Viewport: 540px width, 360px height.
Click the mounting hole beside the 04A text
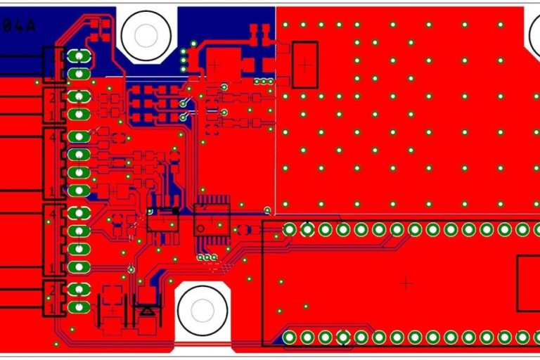(146, 34)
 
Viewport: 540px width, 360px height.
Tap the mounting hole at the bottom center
(202, 310)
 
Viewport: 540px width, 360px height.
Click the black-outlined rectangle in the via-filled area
(304, 65)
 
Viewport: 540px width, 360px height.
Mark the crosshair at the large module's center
(405, 283)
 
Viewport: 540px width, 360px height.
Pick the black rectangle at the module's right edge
(529, 283)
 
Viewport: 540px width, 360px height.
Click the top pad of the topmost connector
(79, 56)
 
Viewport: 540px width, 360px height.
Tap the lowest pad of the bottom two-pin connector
(79, 307)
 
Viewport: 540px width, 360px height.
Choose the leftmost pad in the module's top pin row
(290, 229)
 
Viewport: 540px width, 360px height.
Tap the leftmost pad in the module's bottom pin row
(290, 338)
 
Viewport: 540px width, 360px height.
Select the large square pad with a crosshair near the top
(215, 63)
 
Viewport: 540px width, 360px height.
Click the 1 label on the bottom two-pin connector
(51, 308)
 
